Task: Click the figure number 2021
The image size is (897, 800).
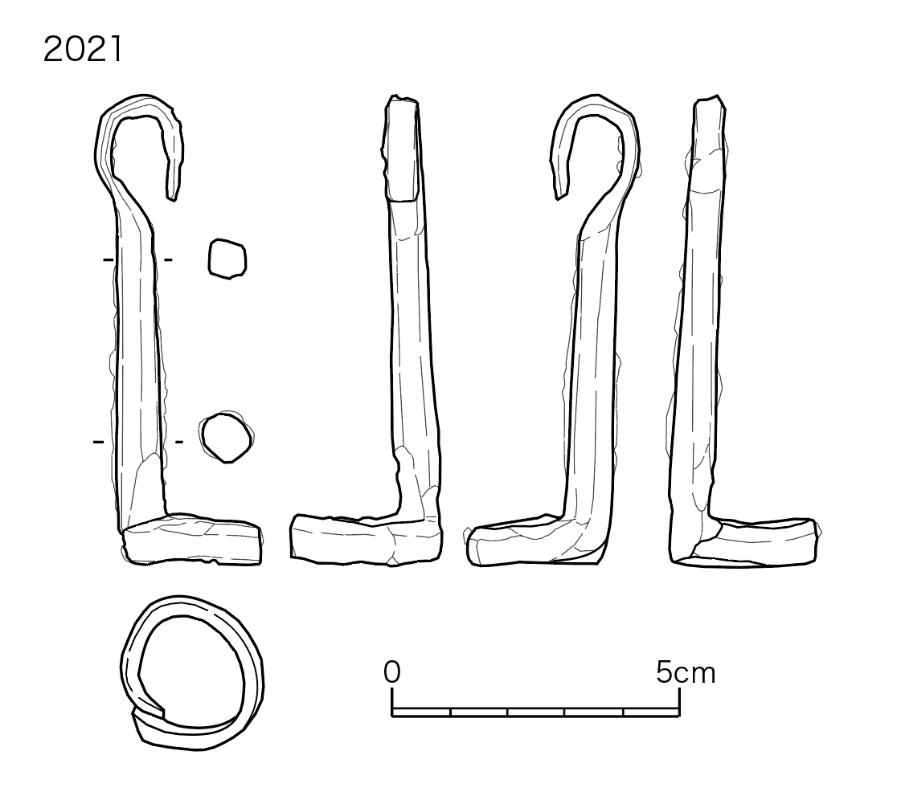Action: (x=82, y=49)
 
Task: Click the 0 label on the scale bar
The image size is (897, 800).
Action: (x=392, y=672)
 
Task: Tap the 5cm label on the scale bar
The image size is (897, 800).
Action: (x=686, y=672)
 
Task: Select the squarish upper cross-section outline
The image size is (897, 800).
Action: (x=227, y=259)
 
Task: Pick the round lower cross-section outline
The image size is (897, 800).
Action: (x=227, y=438)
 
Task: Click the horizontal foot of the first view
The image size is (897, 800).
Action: (x=191, y=541)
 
